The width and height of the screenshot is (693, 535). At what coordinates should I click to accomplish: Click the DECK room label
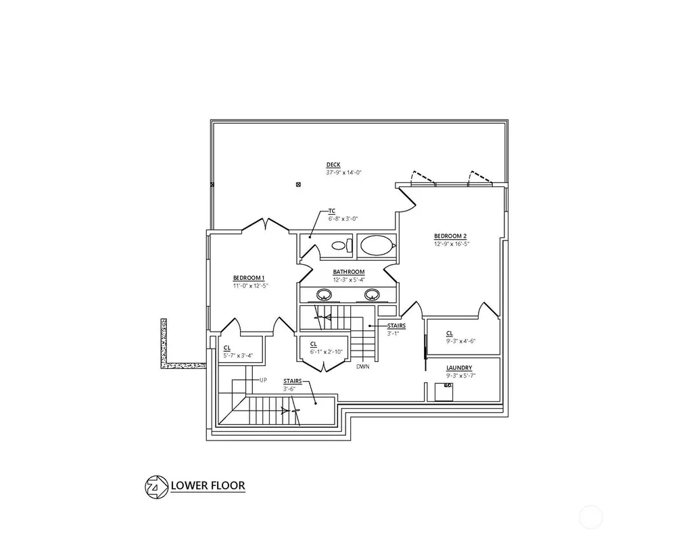333,165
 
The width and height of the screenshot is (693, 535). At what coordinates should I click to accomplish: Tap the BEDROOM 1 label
249,278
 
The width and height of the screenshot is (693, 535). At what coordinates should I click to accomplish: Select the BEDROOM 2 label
450,236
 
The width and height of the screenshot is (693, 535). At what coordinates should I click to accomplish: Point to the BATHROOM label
349,272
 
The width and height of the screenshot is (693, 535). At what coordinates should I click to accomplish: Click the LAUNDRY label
459,367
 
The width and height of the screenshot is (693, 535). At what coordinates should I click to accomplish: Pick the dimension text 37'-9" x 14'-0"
344,173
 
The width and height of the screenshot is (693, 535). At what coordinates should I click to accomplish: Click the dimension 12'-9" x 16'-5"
451,244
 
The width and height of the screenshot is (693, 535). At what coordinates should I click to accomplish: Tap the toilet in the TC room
341,245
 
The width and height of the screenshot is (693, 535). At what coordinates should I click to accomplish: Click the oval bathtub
377,245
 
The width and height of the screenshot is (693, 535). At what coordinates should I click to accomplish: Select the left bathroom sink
325,294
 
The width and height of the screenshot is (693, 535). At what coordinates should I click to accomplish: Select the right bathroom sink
372,294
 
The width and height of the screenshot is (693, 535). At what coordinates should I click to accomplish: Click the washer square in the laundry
444,392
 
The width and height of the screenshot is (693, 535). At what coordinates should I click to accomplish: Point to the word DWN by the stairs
362,366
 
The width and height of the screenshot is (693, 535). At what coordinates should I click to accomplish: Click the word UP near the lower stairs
263,380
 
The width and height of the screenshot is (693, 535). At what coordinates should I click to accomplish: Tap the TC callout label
332,211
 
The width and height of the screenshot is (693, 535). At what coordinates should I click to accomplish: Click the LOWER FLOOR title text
208,486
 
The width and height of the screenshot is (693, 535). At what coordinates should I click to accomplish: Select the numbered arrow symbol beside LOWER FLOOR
156,487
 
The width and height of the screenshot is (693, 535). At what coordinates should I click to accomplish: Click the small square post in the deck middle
298,184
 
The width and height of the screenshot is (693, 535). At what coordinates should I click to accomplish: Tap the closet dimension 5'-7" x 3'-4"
238,356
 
